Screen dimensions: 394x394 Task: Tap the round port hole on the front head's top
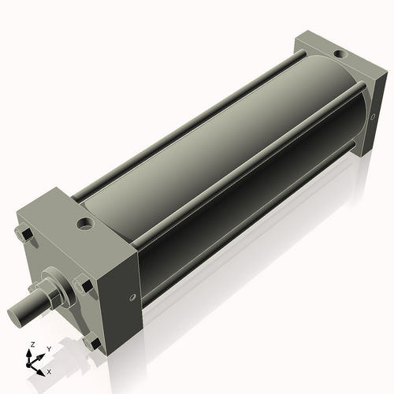(85, 225)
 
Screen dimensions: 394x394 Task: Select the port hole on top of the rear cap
(338, 54)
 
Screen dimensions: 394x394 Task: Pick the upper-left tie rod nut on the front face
(23, 233)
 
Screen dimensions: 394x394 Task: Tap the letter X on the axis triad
(50, 370)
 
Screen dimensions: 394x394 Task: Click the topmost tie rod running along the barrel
(189, 118)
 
